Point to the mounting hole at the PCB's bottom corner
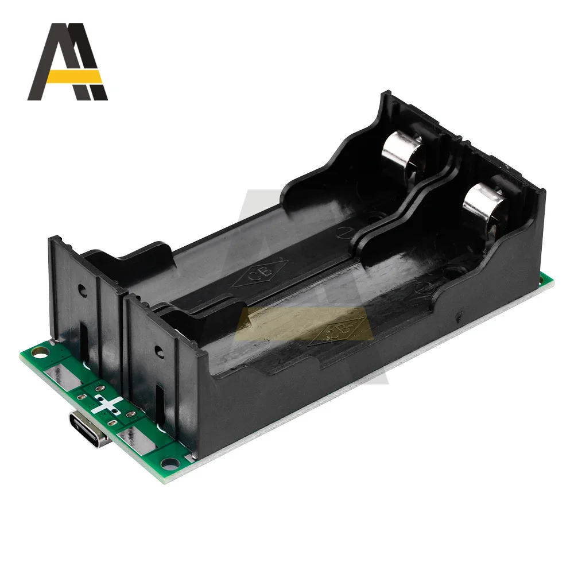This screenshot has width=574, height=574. click(x=167, y=462)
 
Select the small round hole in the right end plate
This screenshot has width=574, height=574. click(x=157, y=350)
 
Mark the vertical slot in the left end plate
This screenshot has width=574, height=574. click(x=84, y=339)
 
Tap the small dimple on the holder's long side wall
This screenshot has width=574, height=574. click(x=457, y=315)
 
